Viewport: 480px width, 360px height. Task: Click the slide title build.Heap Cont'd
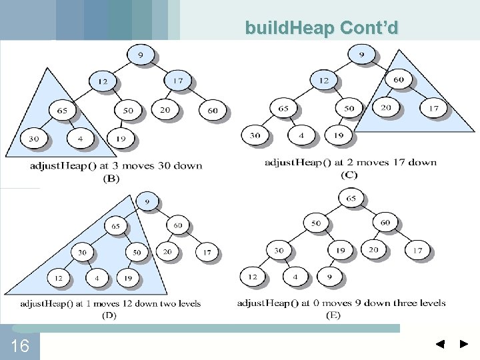point(321,27)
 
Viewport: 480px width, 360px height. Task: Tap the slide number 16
point(20,346)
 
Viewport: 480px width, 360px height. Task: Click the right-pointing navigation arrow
point(464,345)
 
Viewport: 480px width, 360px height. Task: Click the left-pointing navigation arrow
point(440,345)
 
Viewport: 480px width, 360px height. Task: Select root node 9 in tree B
point(140,54)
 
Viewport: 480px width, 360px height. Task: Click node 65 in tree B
point(62,110)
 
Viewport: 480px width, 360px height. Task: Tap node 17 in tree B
point(178,81)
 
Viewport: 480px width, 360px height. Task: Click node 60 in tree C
point(398,80)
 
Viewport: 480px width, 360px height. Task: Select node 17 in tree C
point(433,107)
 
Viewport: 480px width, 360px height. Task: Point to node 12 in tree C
point(323,81)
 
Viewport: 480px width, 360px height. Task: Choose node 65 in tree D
point(116,227)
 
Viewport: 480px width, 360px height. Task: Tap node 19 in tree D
point(127,277)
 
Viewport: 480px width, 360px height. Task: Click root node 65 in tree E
point(351,199)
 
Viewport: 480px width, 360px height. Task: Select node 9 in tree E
point(329,276)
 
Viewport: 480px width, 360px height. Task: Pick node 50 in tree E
point(315,223)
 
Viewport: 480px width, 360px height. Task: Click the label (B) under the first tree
point(111,178)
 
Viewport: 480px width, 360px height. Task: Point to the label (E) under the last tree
point(333,315)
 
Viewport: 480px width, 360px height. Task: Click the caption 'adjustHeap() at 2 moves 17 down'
point(351,162)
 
